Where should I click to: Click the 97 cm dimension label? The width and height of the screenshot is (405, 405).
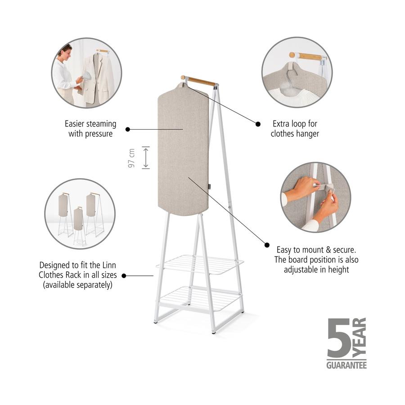click(x=131, y=158)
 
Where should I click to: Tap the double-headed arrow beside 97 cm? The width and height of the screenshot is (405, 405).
click(x=146, y=157)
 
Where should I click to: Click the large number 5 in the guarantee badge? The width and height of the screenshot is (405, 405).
click(x=338, y=338)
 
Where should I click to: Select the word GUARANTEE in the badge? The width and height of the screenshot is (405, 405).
click(x=346, y=365)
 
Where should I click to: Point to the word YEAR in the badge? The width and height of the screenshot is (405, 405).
click(x=359, y=337)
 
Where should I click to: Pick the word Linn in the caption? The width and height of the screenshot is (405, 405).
click(x=109, y=265)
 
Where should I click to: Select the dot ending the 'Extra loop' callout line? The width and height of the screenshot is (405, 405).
click(x=258, y=124)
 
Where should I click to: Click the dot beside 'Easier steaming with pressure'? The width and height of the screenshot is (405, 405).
click(x=128, y=129)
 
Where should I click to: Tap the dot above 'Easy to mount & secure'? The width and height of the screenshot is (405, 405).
click(x=267, y=245)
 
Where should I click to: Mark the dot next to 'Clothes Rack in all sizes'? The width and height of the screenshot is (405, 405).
click(x=124, y=276)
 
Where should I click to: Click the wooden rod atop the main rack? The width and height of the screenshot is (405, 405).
click(x=198, y=81)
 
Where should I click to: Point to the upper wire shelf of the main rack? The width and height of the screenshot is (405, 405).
click(x=200, y=265)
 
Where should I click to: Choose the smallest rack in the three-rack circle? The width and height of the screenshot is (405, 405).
click(x=78, y=226)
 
